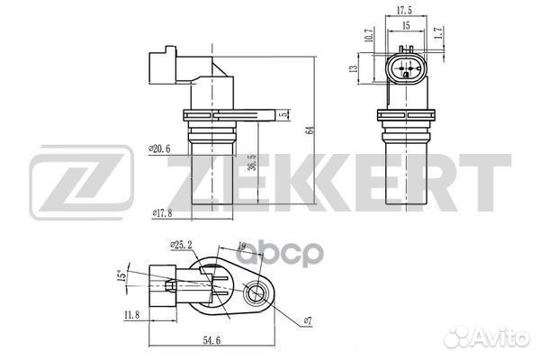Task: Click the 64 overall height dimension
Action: (x=309, y=130)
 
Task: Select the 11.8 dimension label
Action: (x=130, y=316)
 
